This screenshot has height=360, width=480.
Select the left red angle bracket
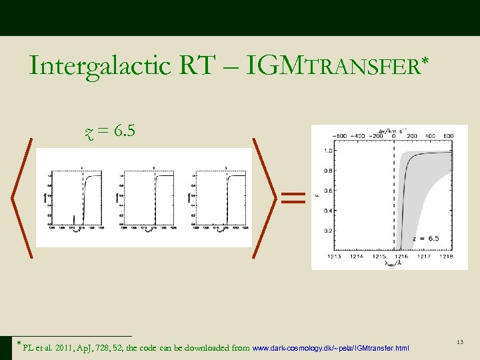[23, 197]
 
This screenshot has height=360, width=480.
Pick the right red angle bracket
[265, 197]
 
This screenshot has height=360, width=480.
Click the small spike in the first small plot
[74, 219]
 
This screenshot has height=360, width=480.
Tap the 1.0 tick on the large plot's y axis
[327, 151]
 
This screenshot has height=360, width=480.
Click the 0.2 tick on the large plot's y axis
[327, 231]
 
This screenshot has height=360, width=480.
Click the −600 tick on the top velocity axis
[339, 136]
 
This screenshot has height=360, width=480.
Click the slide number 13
[459, 342]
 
